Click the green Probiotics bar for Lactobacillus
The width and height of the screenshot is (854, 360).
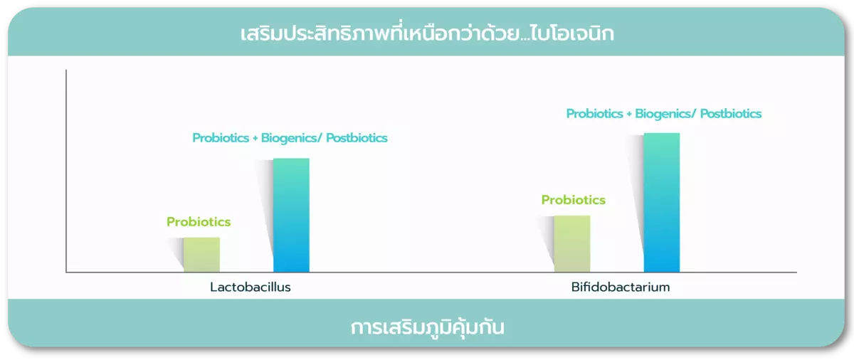[201, 255]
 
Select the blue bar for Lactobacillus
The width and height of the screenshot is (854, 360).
[291, 215]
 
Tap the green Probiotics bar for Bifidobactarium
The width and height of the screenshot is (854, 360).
[572, 244]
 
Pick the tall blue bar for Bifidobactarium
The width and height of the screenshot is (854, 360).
[662, 202]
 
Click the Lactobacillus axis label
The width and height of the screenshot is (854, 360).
[251, 287]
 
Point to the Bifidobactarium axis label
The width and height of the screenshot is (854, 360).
[621, 287]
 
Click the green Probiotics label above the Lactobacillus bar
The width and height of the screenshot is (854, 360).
[199, 222]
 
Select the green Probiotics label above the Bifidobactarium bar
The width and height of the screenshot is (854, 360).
[574, 200]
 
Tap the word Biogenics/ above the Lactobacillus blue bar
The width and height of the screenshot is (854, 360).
[292, 138]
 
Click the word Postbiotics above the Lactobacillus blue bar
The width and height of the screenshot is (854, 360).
[357, 137]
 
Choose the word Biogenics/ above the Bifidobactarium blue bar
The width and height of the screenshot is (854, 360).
[665, 114]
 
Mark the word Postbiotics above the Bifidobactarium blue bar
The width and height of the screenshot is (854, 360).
[731, 114]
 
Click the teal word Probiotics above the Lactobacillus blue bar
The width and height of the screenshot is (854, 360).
[221, 137]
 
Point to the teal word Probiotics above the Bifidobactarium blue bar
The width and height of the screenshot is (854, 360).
[595, 114]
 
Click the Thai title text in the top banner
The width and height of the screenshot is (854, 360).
[427, 33]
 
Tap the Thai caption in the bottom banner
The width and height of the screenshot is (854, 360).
[428, 327]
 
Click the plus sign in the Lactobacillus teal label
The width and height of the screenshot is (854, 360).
[255, 138]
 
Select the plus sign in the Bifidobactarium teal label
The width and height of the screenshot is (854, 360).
[629, 115]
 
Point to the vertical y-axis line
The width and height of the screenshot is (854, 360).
[66, 171]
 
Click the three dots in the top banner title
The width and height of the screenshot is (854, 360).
[524, 40]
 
